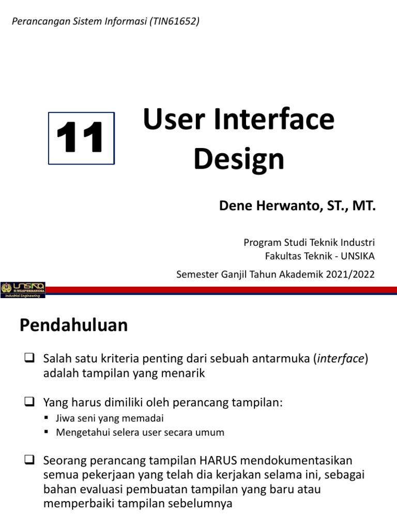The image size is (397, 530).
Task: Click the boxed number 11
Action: [x=81, y=139]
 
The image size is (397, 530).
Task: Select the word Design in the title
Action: [x=239, y=159]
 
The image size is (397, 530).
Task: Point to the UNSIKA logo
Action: [x=23, y=289]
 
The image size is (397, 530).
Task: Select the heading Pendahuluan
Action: [x=73, y=326]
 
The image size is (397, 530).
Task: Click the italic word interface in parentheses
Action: [x=341, y=359]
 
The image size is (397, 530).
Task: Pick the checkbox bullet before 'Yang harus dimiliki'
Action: [x=29, y=401]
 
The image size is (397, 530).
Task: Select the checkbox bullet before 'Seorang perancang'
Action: [x=29, y=461]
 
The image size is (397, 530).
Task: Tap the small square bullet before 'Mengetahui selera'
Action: [x=47, y=432]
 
